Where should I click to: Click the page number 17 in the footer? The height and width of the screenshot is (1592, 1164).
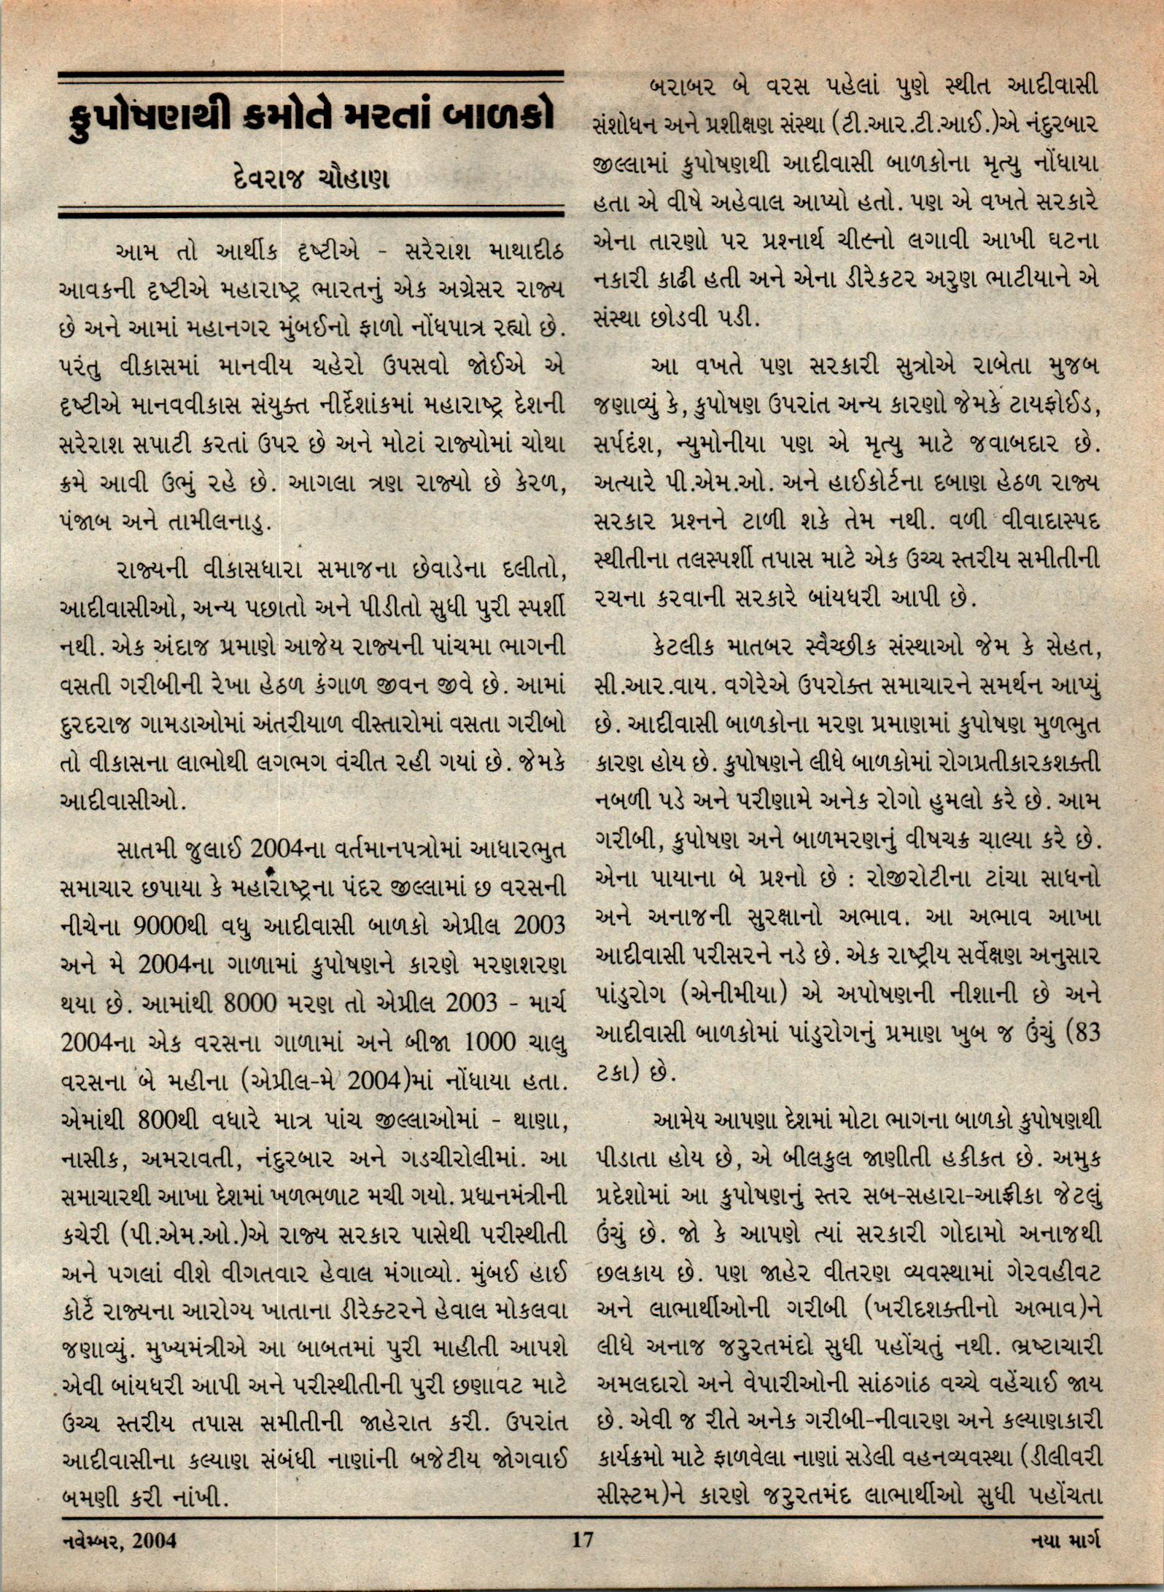[x=582, y=1539]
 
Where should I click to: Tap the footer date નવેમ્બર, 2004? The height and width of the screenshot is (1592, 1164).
[x=117, y=1539]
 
